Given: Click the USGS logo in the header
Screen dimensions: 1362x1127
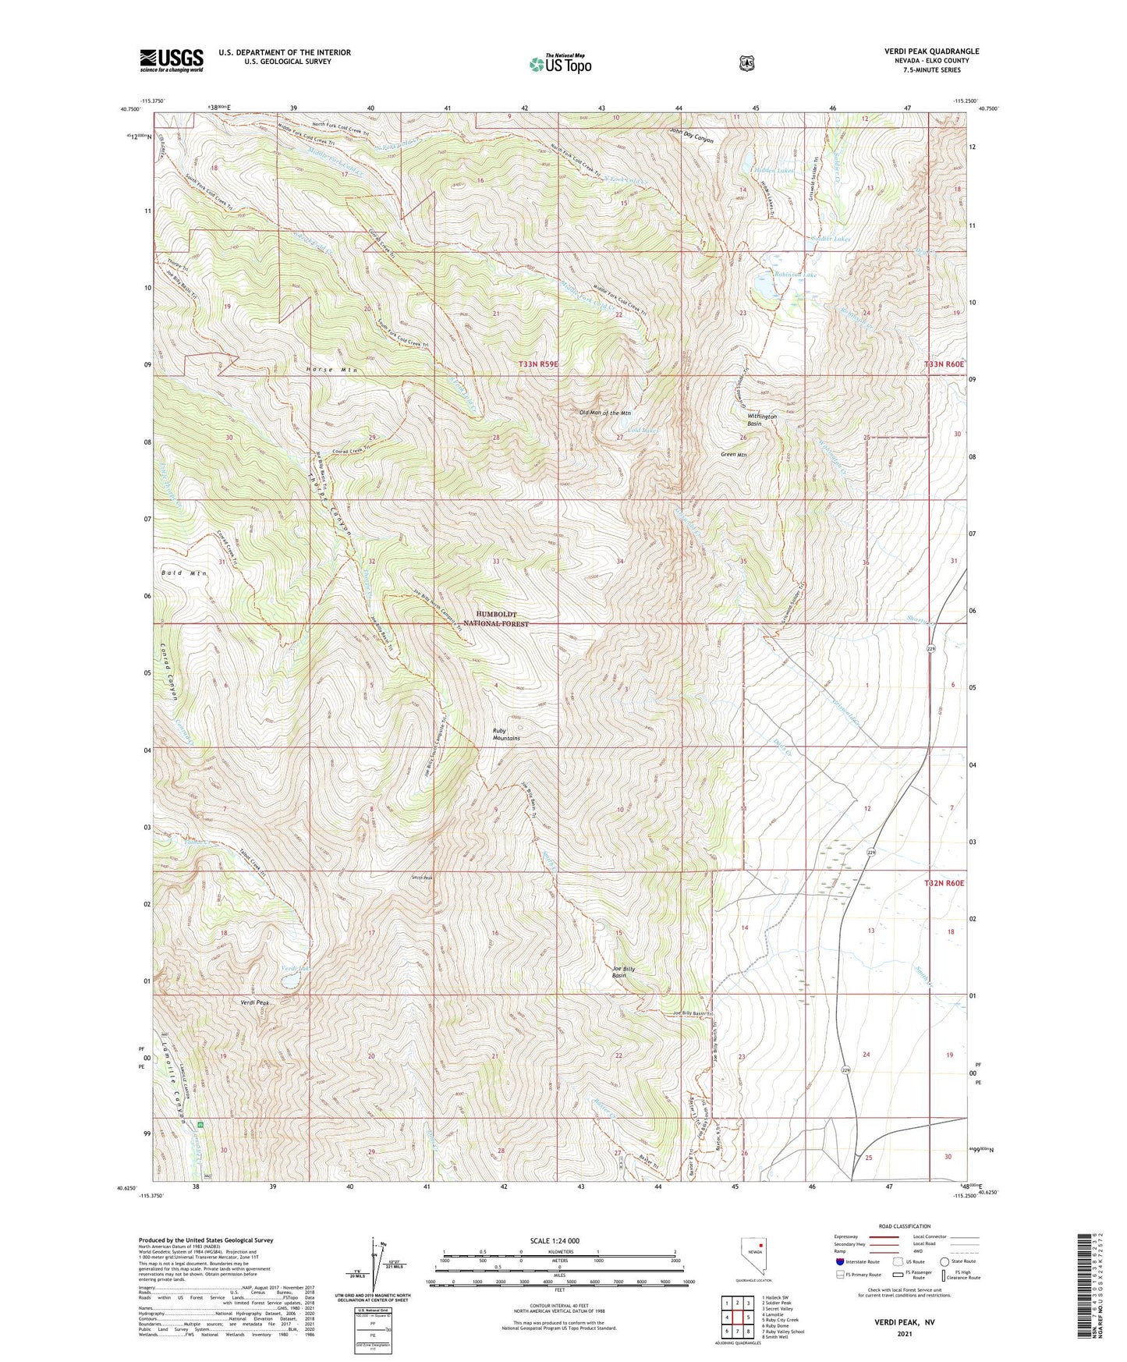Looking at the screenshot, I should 172,60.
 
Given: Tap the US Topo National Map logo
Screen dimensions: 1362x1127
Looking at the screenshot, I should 559,64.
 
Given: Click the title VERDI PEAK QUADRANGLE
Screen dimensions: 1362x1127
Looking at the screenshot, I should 931,51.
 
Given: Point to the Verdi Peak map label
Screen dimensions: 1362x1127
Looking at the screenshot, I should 254,1002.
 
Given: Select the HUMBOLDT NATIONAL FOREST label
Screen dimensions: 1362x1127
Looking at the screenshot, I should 496,619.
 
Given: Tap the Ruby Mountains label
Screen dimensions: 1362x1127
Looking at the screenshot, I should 506,734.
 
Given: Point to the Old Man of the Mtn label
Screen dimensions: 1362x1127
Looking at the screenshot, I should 604,413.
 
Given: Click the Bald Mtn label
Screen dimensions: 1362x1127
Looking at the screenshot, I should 184,573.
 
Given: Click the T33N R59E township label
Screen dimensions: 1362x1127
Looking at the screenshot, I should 550,364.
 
